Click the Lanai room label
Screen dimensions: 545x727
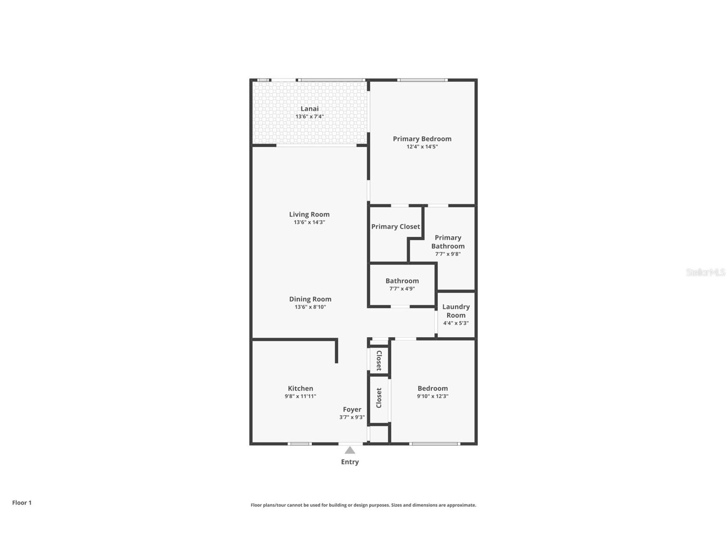click(x=309, y=109)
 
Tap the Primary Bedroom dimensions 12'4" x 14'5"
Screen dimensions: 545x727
click(x=422, y=147)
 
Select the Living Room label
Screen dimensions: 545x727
click(x=309, y=214)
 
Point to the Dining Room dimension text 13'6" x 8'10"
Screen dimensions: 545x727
click(x=310, y=307)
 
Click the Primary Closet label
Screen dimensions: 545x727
click(x=395, y=227)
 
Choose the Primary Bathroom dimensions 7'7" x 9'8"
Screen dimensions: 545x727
click(x=448, y=254)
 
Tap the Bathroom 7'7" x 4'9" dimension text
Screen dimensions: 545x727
click(x=402, y=289)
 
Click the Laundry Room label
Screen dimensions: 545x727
click(x=456, y=311)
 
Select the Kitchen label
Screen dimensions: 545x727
click(x=300, y=389)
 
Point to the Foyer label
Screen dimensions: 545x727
click(x=352, y=410)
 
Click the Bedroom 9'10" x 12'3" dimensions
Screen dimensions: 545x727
click(x=433, y=396)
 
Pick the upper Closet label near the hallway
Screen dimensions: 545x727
click(x=379, y=361)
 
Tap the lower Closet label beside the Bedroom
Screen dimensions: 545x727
click(x=379, y=398)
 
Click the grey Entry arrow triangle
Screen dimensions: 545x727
click(x=350, y=450)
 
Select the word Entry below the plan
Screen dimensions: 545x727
click(x=350, y=462)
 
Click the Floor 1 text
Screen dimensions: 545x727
click(x=22, y=503)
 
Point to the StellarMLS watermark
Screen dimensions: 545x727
click(x=706, y=272)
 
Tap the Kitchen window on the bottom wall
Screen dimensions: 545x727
click(x=299, y=443)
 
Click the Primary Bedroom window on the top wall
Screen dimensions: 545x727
click(x=422, y=80)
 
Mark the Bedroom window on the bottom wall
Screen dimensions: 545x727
click(x=434, y=443)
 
